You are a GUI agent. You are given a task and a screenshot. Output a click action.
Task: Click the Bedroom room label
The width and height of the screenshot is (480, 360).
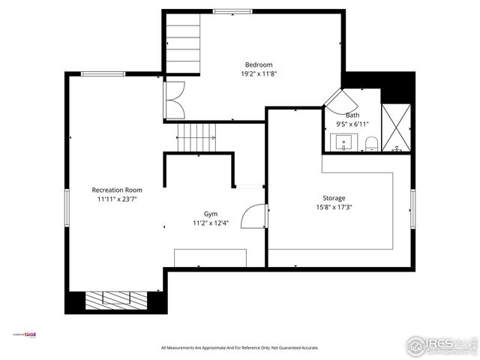[259, 64]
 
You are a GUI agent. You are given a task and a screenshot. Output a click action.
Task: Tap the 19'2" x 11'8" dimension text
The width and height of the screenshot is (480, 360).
[259, 74]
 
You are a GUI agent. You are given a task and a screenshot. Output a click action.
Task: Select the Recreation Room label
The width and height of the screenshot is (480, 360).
[117, 190]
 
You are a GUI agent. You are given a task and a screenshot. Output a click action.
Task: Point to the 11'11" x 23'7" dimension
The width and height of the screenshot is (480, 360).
[117, 199]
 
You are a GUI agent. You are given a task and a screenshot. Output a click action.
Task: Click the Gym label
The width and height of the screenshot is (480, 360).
[211, 214]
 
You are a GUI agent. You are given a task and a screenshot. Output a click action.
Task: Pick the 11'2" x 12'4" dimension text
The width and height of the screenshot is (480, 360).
[211, 223]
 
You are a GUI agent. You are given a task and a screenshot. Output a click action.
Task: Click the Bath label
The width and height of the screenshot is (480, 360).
[352, 115]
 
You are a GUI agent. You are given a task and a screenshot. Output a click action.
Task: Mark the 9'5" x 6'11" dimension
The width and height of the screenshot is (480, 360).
[352, 124]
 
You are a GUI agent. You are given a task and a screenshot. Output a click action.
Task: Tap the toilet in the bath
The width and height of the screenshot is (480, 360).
[371, 142]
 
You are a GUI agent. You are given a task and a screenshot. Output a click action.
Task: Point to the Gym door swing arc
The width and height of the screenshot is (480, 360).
[256, 216]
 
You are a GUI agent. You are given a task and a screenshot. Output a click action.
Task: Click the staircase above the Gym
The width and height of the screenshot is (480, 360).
[196, 137]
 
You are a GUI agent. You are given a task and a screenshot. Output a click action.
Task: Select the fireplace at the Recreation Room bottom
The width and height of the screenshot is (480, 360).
[115, 300]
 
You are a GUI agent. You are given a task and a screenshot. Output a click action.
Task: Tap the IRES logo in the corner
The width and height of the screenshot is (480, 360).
[441, 346]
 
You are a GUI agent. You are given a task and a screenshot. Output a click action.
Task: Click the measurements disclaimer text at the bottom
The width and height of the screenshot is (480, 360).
[240, 348]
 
